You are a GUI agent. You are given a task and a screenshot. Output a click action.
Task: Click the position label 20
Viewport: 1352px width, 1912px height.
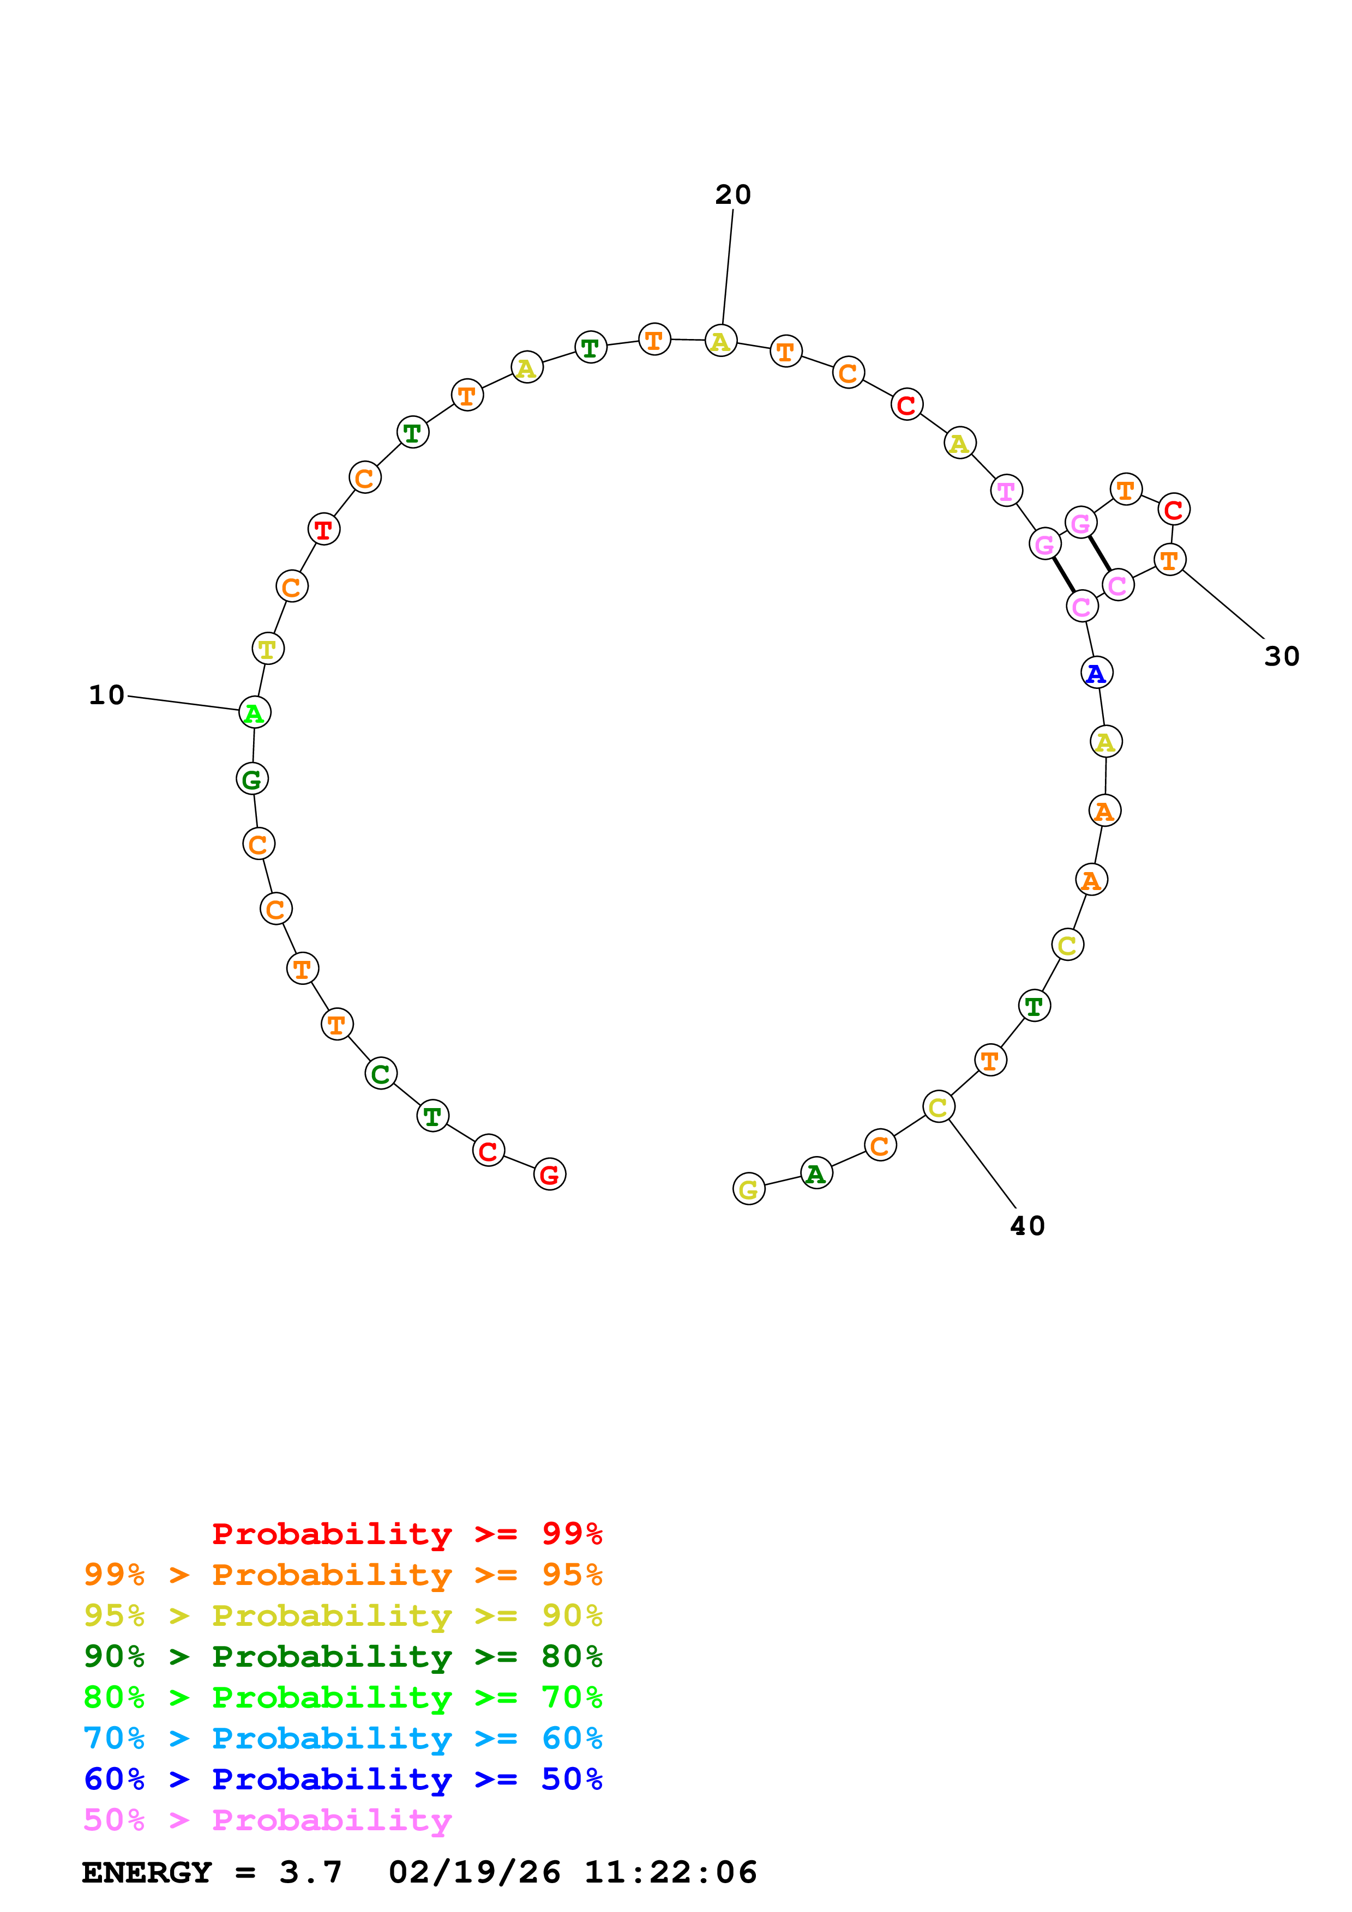[732, 195]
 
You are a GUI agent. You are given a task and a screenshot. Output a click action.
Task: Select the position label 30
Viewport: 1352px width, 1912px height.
[1281, 656]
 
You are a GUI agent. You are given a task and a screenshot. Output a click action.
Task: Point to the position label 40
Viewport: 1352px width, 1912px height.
[1026, 1226]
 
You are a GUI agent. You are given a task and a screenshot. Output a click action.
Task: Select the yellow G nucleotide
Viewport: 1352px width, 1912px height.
[748, 1189]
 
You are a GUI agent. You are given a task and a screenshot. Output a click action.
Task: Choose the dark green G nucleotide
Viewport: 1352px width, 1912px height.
[251, 779]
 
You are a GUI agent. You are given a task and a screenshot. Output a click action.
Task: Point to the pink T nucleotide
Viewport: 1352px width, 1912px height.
[1006, 491]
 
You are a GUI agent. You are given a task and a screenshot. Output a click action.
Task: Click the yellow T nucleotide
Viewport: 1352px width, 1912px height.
[267, 648]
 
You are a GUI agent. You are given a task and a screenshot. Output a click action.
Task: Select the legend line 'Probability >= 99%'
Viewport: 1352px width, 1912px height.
[406, 1533]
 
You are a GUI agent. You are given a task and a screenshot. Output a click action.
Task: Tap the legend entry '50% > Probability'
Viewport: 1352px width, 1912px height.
[267, 1819]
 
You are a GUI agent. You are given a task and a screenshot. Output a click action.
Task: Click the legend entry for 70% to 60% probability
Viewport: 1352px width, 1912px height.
[342, 1738]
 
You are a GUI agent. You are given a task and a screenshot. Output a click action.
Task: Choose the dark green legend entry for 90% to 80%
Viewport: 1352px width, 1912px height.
[342, 1656]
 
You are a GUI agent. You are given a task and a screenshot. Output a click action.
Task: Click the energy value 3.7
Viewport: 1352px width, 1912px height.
[310, 1873]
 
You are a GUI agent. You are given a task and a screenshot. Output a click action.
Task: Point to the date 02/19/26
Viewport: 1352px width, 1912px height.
[474, 1873]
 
